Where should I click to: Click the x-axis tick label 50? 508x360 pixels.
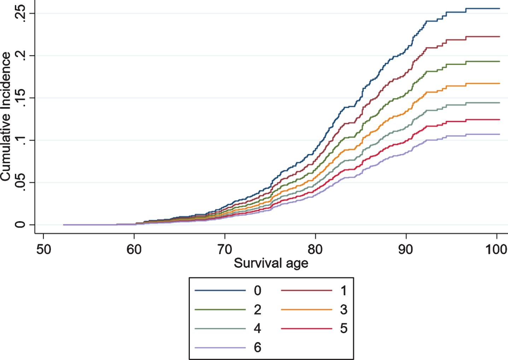pos(43,249)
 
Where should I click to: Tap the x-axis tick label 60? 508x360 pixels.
pos(134,249)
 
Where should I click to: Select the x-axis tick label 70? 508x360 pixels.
pos(225,249)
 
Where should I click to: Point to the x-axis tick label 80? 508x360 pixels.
pos(315,249)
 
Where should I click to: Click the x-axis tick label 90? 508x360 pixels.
pos(406,249)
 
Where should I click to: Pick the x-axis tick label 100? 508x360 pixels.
pos(496,249)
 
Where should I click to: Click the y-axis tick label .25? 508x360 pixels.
pos(19,14)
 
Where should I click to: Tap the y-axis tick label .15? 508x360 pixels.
pos(19,98)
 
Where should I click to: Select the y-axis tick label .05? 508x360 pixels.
pos(19,183)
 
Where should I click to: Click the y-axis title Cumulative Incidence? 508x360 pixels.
pos(5,117)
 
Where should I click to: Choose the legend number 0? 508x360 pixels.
pos(257,290)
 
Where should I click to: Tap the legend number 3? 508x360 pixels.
pos(344,309)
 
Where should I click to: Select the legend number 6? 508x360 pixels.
pos(257,347)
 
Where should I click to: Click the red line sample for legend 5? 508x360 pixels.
pos(306,328)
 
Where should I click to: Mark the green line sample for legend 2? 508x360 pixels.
pos(220,309)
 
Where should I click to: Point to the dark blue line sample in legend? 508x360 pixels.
pos(220,290)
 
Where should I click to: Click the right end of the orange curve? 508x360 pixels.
pos(500,83)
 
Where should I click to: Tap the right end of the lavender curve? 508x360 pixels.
pos(500,134)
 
